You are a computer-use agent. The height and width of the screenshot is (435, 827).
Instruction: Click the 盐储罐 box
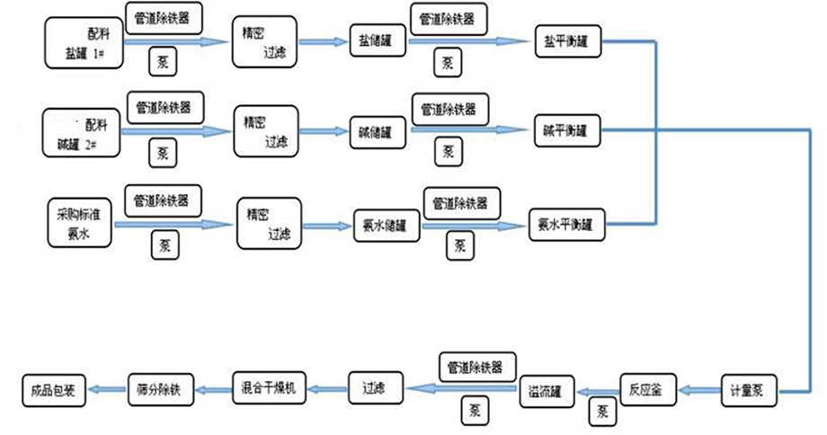(371, 41)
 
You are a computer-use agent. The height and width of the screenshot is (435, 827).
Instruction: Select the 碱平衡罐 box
(565, 131)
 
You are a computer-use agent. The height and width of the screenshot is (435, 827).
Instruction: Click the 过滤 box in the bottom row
(374, 389)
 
